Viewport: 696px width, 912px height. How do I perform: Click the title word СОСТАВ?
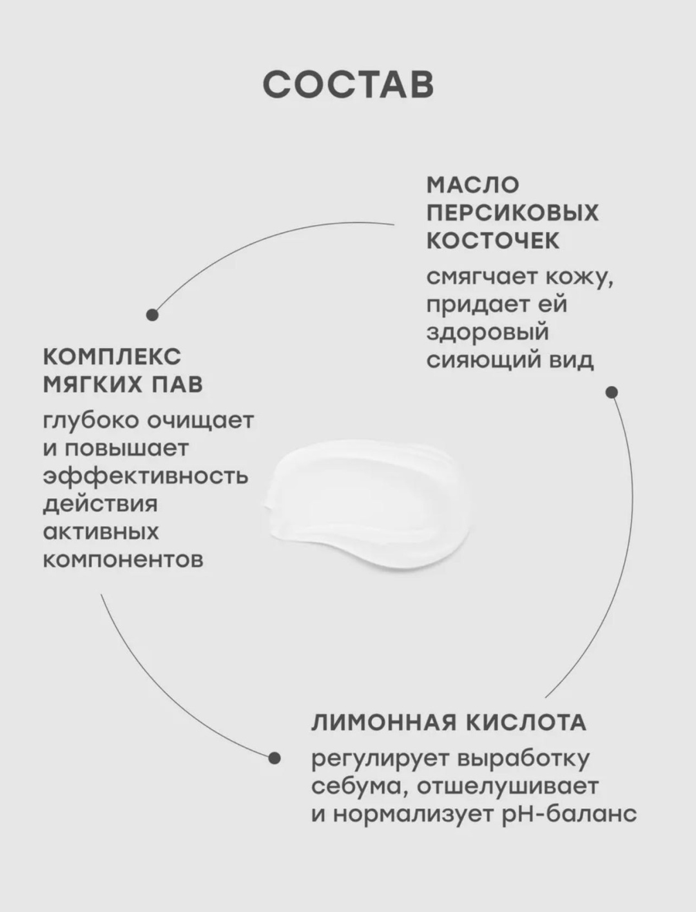coord(349,85)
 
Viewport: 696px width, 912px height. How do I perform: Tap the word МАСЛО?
coord(473,185)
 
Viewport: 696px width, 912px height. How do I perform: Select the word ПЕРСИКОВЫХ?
coord(513,213)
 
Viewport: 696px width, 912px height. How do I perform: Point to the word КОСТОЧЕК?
coord(494,240)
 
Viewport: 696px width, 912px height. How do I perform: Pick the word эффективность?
coord(146,476)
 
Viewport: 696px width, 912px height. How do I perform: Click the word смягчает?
coord(481,278)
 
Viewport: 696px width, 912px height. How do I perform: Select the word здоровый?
coord(488,333)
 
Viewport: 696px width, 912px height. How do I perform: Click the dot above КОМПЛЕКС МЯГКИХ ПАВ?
coord(152,315)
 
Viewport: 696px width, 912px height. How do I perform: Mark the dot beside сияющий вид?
coord(612,393)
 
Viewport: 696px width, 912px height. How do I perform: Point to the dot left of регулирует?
coord(275,758)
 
